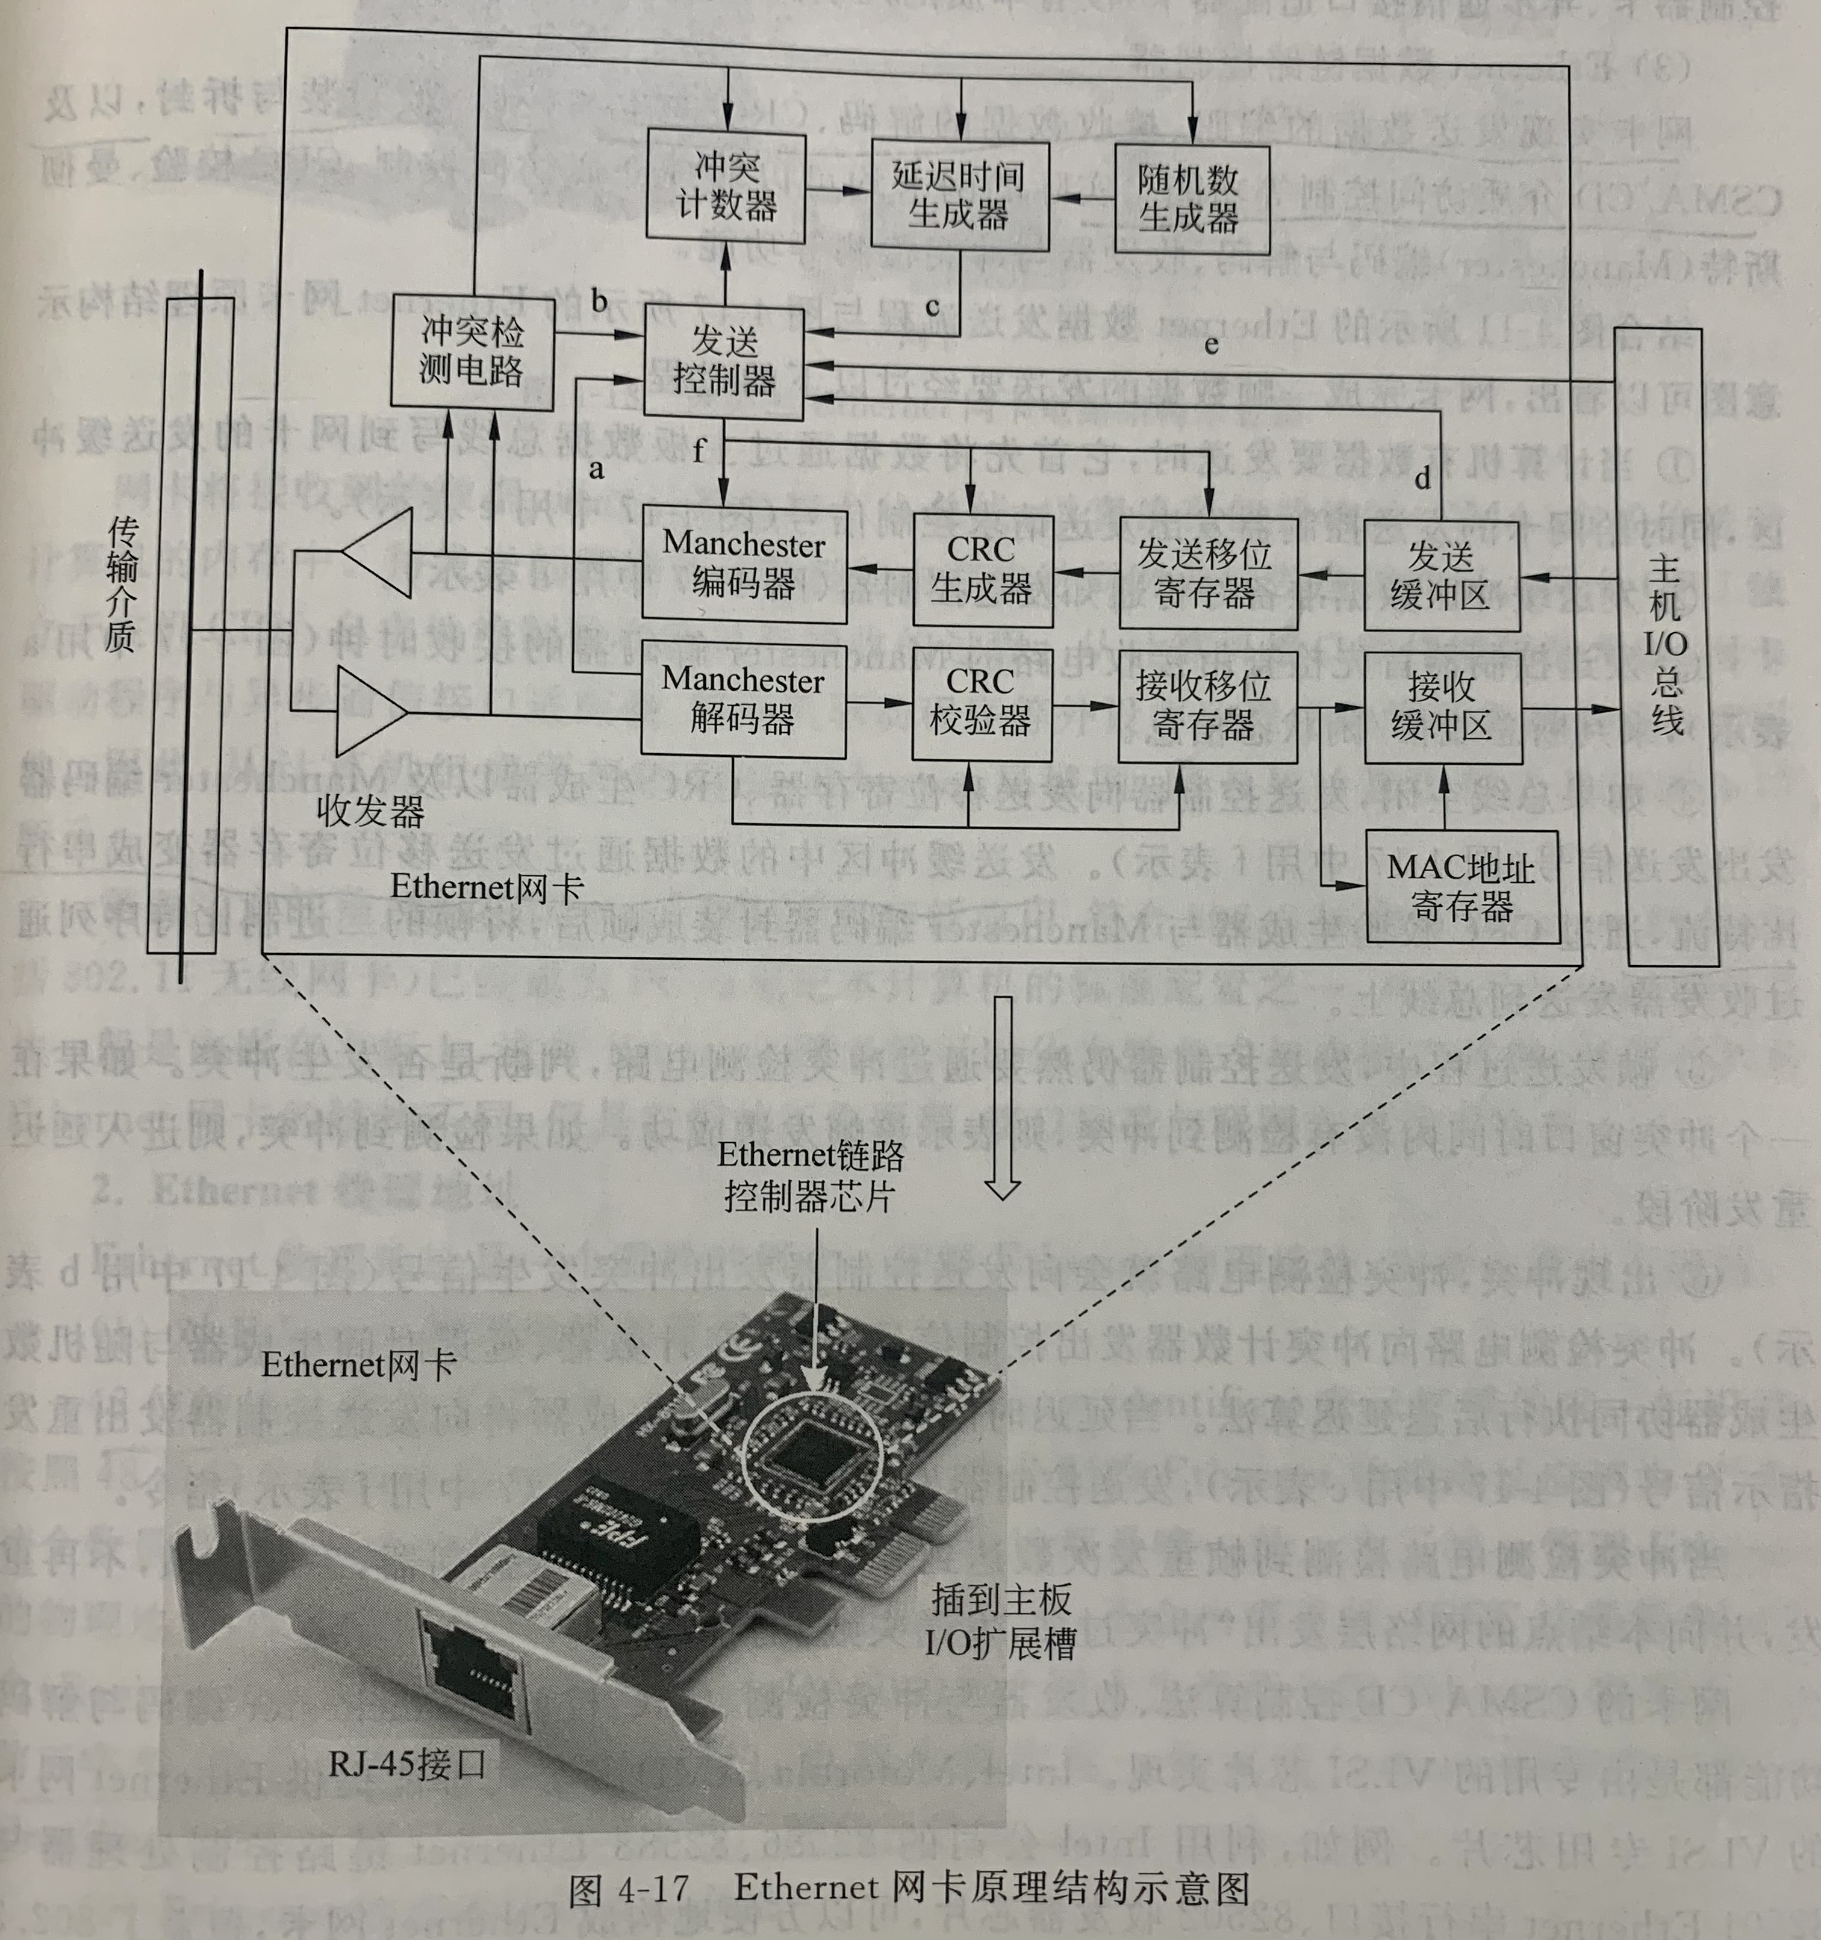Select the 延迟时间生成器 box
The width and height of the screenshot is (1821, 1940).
pos(959,195)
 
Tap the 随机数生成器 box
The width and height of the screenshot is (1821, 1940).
pos(1191,199)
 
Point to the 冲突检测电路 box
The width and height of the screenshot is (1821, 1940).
pos(472,351)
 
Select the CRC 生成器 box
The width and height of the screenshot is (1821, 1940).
pos(982,570)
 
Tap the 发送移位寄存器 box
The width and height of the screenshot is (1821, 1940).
pos(1207,573)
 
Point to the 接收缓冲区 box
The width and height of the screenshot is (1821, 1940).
pos(1442,706)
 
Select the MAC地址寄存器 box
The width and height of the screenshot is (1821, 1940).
pos(1461,886)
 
